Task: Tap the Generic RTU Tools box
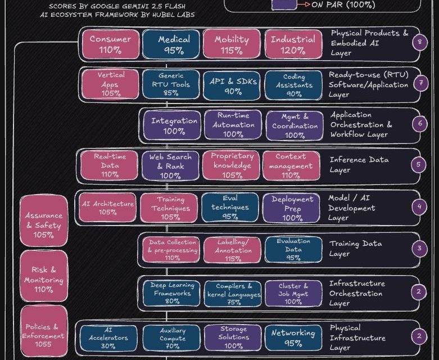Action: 171,84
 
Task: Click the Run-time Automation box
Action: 233,125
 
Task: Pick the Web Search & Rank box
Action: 170,165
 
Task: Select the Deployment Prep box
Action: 292,208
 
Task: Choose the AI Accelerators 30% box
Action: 110,337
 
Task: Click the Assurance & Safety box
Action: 43,224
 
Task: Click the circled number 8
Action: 419,42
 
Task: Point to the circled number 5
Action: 419,165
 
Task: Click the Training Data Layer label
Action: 355,249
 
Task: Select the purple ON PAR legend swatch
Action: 284,4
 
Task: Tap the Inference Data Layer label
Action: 359,165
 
